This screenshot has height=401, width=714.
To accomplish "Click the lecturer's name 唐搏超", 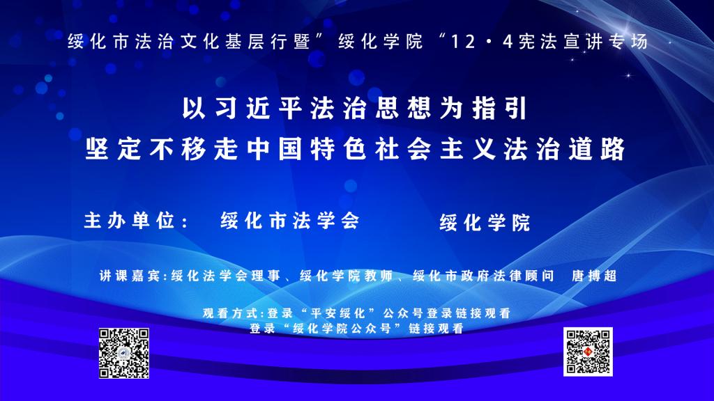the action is [x=594, y=276].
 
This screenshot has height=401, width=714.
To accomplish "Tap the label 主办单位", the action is [x=129, y=221].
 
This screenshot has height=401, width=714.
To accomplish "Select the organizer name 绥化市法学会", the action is [x=290, y=221].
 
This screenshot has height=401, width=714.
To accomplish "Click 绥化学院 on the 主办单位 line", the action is [x=485, y=223].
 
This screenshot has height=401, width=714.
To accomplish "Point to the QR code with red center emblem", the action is [x=588, y=352].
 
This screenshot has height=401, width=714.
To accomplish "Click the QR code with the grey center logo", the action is [x=124, y=353].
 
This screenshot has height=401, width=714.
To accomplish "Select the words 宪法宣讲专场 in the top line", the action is [x=583, y=42].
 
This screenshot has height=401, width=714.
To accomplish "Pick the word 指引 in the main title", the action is [x=499, y=109].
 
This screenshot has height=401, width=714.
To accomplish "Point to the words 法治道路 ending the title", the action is [x=565, y=149].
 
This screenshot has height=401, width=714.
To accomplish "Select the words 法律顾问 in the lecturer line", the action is [x=524, y=276].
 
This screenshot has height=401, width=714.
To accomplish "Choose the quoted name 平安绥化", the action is [x=337, y=313].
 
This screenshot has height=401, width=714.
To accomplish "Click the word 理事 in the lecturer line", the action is [x=265, y=276].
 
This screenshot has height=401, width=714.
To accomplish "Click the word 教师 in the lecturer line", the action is [x=379, y=276].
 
